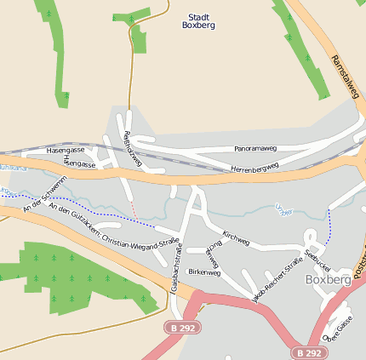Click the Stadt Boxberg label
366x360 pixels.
pos(198,20)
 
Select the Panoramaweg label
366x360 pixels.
pos(255,148)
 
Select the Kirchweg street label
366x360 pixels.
pos(235,238)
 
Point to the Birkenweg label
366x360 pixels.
pos(204,272)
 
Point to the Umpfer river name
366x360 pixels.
pos(284,208)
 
